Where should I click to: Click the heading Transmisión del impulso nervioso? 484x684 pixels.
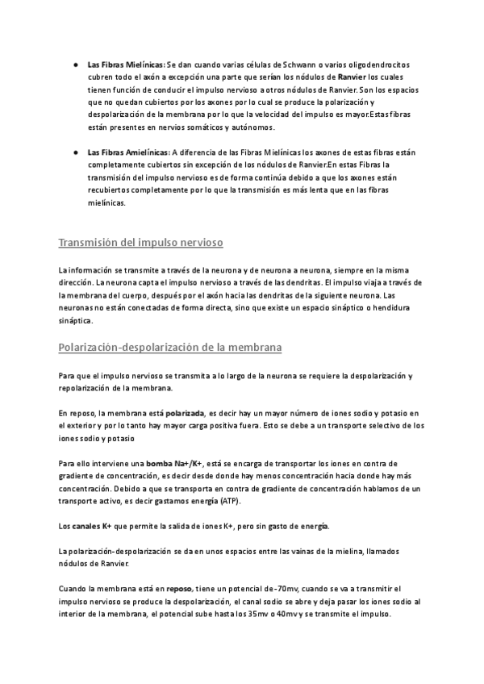coord(141,243)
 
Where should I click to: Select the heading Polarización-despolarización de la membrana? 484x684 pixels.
coord(169,348)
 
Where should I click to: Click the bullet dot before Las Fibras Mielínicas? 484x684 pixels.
coord(74,64)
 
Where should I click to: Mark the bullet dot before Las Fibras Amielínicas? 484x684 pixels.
coord(74,152)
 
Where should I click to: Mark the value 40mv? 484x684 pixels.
coord(273,615)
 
